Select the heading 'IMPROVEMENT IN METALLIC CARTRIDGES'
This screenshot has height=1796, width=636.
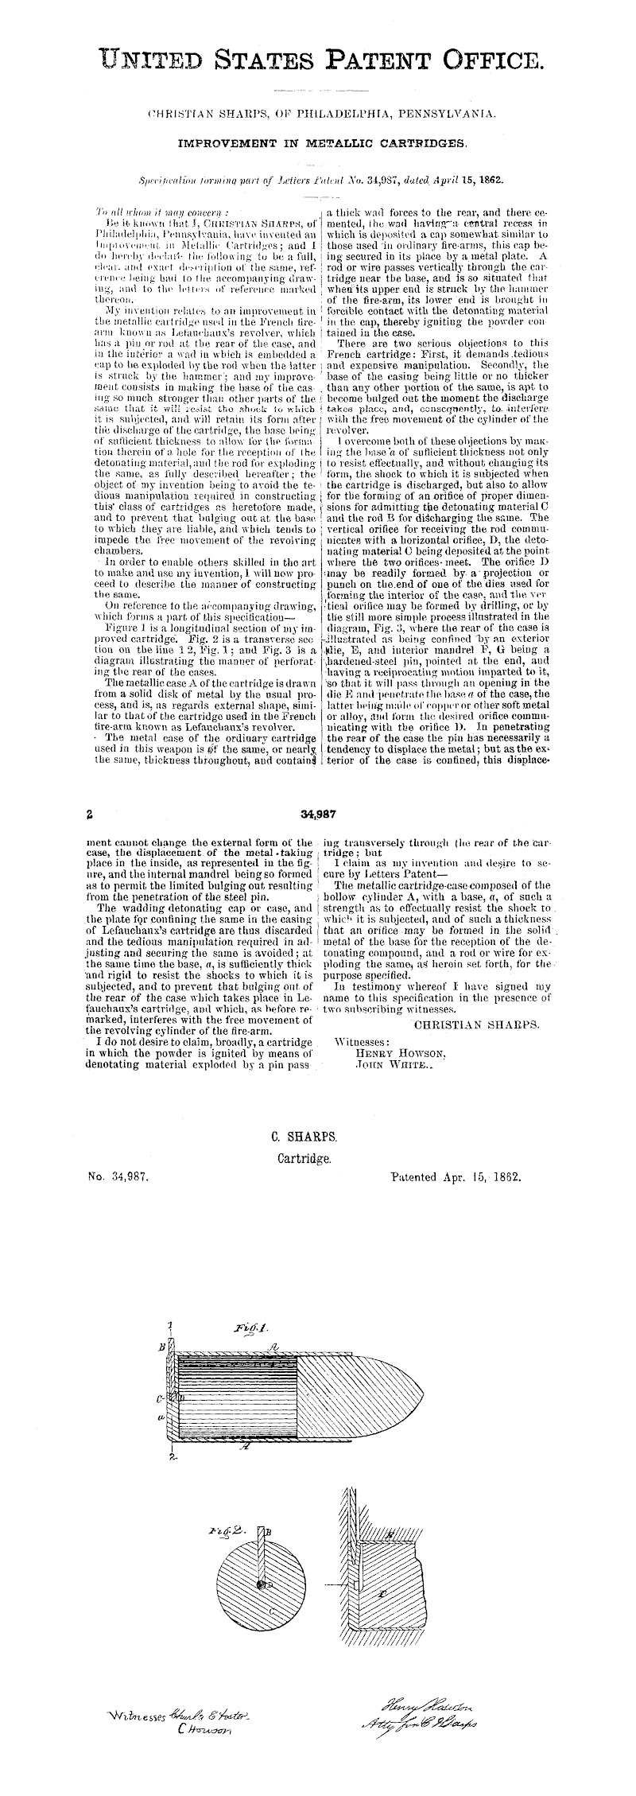pyautogui.click(x=322, y=145)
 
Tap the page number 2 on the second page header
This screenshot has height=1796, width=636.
pyautogui.click(x=91, y=814)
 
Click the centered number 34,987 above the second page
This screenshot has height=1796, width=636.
pyautogui.click(x=317, y=814)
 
